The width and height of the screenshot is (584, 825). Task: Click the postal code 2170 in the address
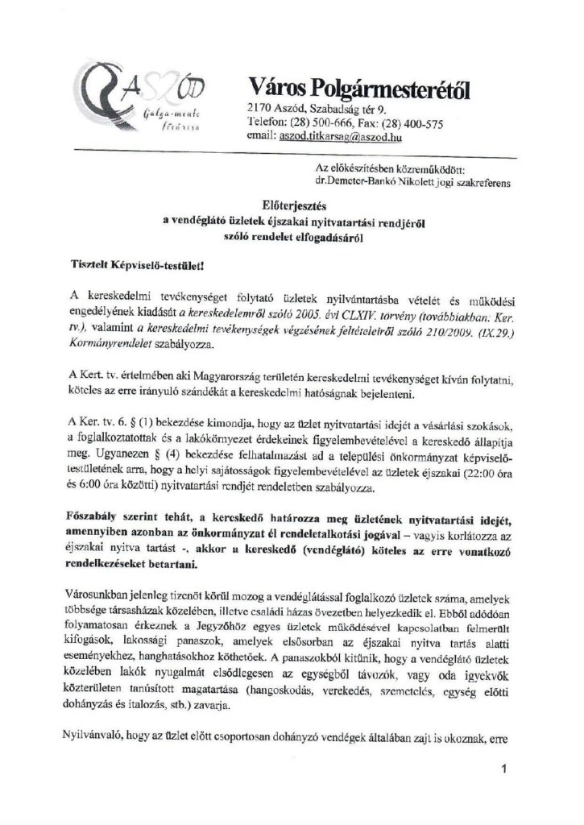(260, 109)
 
